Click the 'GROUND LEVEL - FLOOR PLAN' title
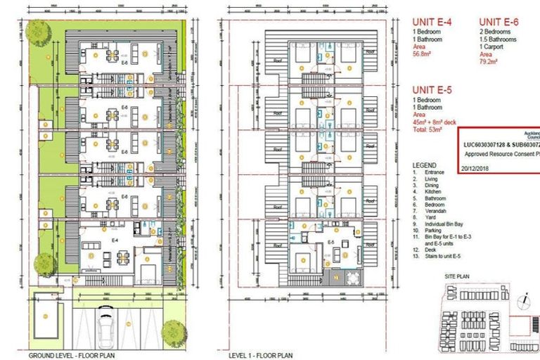coord(64,356)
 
